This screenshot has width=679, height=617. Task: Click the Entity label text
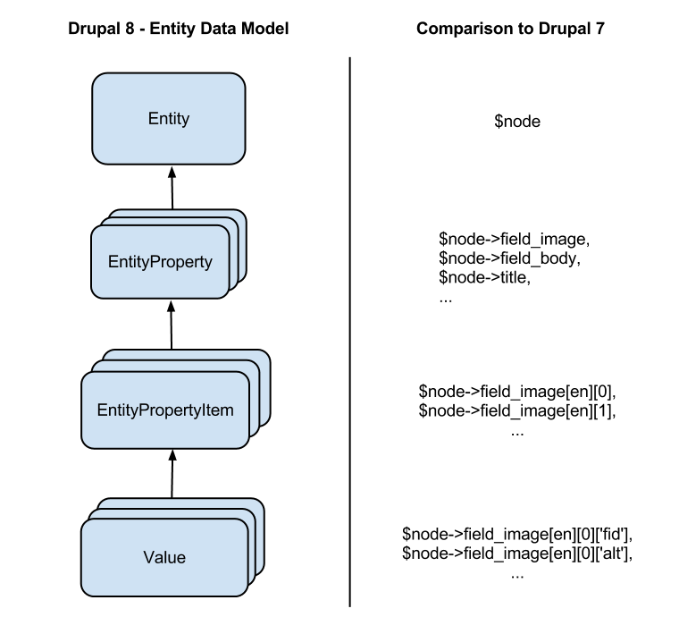pos(168,119)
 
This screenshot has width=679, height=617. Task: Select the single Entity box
pos(168,143)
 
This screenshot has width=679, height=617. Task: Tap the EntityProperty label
pos(160,262)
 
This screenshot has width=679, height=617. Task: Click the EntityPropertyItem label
pos(165,410)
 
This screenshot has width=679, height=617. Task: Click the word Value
pos(164,558)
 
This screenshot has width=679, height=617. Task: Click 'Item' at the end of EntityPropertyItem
pos(218,410)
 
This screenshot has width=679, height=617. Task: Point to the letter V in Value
pos(148,558)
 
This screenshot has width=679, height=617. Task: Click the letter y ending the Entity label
pos(185,120)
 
